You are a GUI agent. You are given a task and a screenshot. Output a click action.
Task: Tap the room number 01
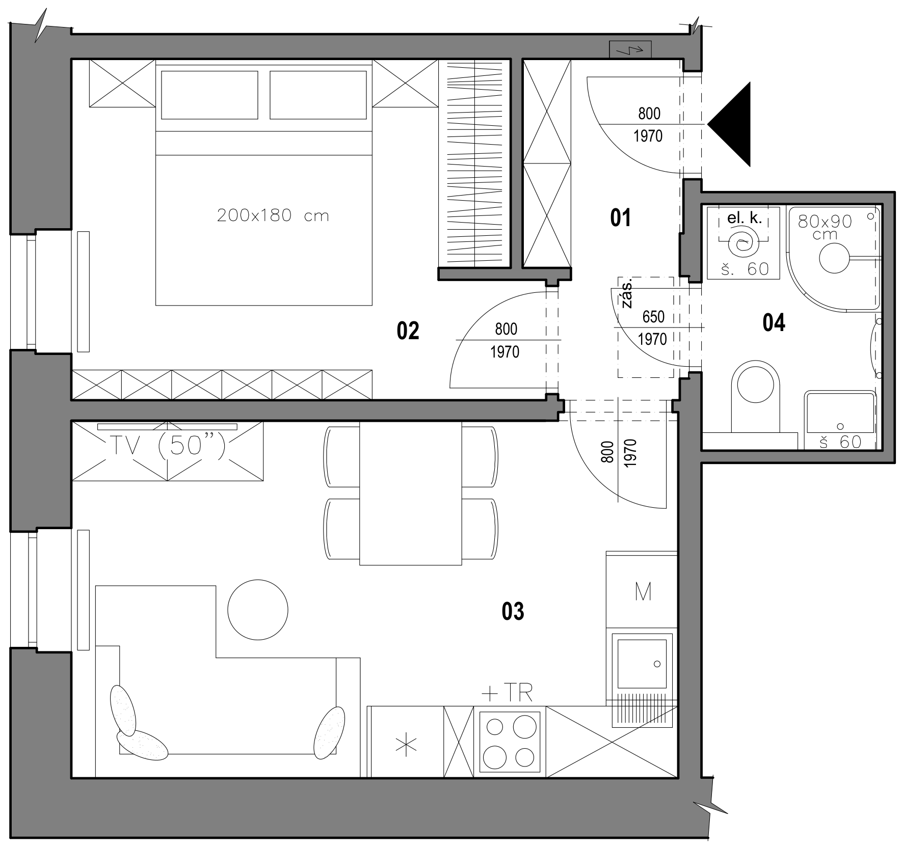coord(621,218)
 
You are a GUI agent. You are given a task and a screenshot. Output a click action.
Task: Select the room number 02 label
coord(408,331)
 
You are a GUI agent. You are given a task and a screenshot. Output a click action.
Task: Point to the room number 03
coord(513,611)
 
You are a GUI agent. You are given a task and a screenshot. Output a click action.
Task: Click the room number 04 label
coord(774,323)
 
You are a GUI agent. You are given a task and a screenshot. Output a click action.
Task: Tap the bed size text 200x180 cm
coord(273,216)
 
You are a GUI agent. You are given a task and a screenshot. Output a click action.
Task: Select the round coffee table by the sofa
coord(258,610)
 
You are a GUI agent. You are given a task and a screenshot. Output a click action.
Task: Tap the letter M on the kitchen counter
coord(643,592)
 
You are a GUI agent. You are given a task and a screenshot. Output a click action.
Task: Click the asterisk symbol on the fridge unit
coord(407,745)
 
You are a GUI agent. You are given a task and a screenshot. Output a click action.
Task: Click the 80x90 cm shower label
coord(825,227)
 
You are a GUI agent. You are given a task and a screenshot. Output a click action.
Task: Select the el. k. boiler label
coord(745,218)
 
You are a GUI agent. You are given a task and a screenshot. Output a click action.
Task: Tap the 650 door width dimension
coord(653,317)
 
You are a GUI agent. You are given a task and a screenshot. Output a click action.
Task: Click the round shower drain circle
coord(836,258)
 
